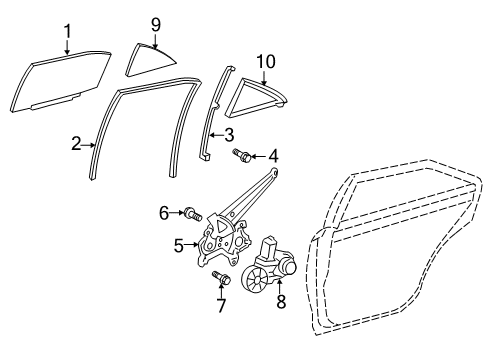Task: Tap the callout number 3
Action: (229, 133)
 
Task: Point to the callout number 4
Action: (272, 155)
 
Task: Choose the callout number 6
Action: (164, 212)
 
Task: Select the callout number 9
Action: (156, 24)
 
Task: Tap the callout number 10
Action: (265, 63)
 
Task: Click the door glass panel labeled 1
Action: (58, 82)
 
